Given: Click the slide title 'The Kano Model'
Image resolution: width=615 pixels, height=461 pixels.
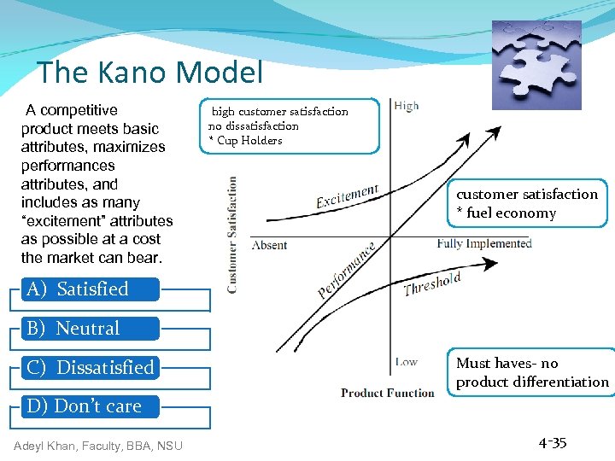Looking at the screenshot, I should [150, 73].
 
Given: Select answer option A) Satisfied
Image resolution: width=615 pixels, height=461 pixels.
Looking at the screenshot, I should [91, 289].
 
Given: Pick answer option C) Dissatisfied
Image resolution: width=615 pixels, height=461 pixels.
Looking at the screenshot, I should [91, 368].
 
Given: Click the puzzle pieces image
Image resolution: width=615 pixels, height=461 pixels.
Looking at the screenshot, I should [536, 65].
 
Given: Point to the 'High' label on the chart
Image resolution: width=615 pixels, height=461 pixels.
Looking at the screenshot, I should [407, 106].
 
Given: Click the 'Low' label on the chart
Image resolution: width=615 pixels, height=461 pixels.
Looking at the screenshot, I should [407, 362].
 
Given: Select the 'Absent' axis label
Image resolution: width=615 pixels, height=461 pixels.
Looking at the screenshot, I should [269, 245].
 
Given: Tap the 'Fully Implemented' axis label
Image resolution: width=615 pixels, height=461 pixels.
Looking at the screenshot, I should [483, 244].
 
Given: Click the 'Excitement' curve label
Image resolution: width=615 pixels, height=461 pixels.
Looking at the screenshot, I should [347, 196].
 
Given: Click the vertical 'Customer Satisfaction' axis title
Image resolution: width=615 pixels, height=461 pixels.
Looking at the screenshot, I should [232, 235].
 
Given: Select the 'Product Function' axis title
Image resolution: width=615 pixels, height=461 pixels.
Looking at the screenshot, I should [387, 393].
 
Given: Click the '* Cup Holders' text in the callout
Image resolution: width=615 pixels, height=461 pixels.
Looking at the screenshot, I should [246, 141].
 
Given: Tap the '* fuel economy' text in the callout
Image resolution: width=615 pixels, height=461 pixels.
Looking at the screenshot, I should [506, 213].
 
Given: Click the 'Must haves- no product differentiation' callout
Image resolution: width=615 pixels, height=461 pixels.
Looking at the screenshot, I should [531, 373].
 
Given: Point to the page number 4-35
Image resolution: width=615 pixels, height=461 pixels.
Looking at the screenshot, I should [552, 443].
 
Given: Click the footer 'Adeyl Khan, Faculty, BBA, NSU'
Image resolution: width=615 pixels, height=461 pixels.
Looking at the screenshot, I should [98, 445].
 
